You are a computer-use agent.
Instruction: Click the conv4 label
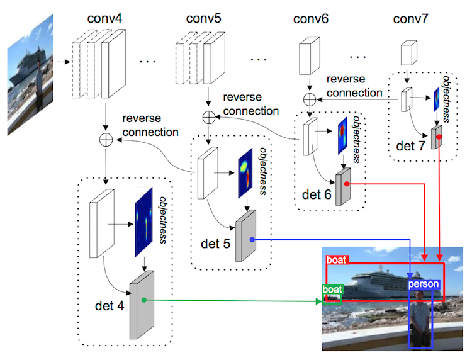click(104, 18)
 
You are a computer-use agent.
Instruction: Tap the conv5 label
click(203, 18)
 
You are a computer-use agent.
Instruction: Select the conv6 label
click(311, 19)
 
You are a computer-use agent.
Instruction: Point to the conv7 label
click(410, 19)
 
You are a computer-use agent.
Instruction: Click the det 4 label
click(110, 306)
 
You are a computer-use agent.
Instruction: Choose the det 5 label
click(215, 244)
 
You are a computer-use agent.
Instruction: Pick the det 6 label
click(317, 194)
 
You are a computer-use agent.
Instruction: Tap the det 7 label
click(410, 146)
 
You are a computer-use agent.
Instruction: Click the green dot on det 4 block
click(144, 300)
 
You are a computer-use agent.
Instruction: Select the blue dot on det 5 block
click(252, 240)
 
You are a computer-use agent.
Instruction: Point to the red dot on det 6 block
click(347, 184)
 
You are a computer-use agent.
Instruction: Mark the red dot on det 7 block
click(439, 137)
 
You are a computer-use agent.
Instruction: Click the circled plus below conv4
click(106, 140)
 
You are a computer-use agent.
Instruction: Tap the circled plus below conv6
click(310, 99)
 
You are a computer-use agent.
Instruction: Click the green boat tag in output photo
click(332, 290)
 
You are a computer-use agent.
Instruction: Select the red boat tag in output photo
click(337, 260)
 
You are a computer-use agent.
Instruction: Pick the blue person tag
click(424, 284)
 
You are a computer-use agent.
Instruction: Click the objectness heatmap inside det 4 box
click(144, 222)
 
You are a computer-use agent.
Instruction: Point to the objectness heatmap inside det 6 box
click(342, 135)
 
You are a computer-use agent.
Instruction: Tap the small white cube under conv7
click(408, 53)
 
